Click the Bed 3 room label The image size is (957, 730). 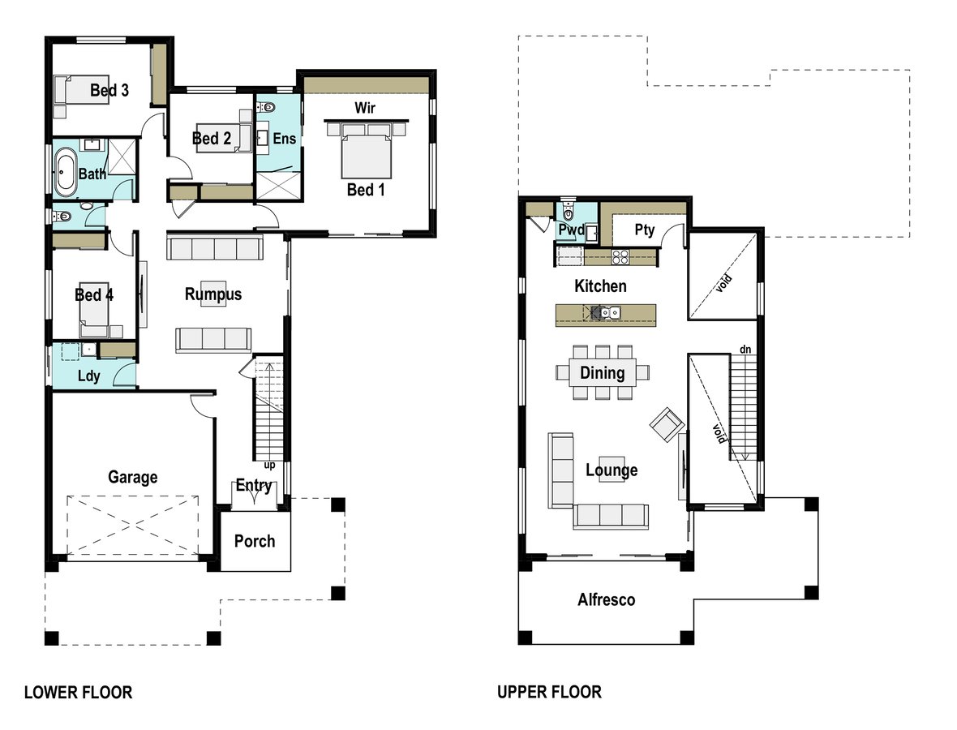(109, 90)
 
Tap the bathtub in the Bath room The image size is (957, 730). (64, 174)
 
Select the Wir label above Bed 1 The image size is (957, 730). (365, 108)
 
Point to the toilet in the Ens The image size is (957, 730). (267, 108)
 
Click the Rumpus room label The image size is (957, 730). (213, 294)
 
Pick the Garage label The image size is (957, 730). (132, 477)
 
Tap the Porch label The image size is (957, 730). (255, 541)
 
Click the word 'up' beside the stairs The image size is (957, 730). (269, 466)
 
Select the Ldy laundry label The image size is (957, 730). (88, 376)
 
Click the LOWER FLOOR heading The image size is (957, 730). (78, 692)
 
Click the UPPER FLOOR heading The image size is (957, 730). (549, 692)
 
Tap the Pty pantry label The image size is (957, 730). (645, 230)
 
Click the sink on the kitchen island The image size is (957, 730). (610, 314)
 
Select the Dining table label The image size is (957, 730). (602, 373)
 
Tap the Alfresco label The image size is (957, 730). (606, 600)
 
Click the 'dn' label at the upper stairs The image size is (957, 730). (745, 350)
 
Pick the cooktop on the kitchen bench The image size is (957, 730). (620, 258)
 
